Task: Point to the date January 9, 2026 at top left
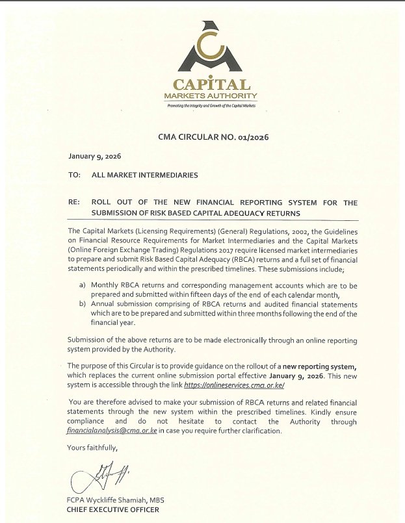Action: pyautogui.click(x=95, y=157)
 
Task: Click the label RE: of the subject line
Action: pyautogui.click(x=73, y=203)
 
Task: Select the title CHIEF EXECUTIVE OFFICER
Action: pyautogui.click(x=112, y=510)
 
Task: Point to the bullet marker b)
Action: pyautogui.click(x=82, y=304)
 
